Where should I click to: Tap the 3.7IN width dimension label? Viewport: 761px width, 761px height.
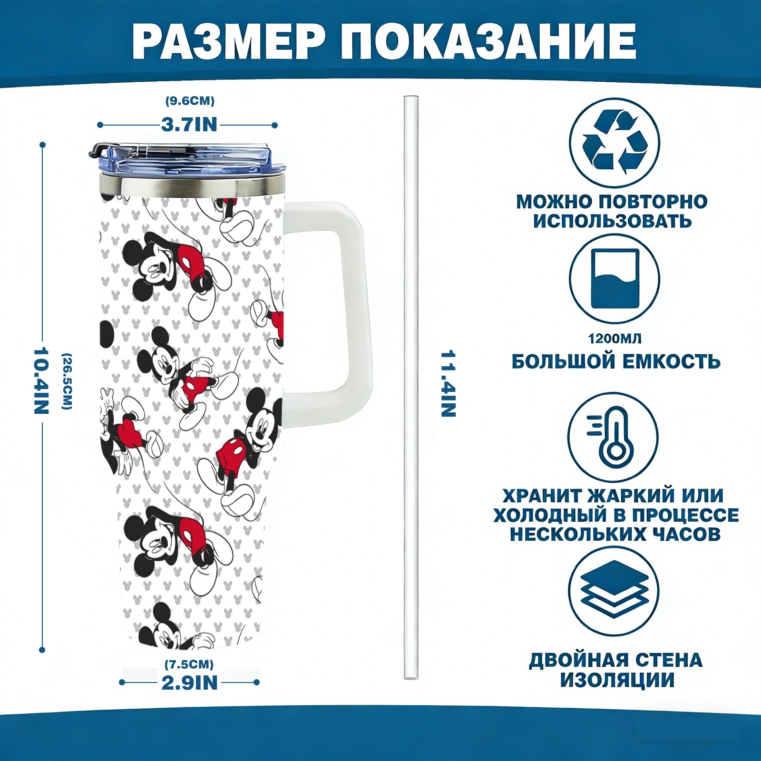coord(189,125)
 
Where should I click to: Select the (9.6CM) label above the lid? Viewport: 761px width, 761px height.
coord(190,101)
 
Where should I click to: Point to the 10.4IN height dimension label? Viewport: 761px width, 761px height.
coord(41,380)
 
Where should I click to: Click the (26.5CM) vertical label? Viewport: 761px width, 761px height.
coord(67,380)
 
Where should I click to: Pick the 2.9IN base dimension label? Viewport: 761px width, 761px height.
coord(190,683)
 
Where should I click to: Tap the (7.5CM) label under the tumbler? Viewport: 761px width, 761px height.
coord(189,664)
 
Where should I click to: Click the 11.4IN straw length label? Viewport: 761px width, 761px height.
coord(449,384)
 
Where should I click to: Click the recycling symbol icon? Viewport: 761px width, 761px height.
coord(615,142)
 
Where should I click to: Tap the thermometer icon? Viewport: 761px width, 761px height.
coord(614,437)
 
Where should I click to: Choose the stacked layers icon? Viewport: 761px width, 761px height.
coord(614,591)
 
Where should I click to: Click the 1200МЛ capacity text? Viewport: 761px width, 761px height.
coord(615,339)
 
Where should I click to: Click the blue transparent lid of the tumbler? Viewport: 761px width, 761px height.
coord(188,161)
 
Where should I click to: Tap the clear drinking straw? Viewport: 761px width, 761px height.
coord(411,388)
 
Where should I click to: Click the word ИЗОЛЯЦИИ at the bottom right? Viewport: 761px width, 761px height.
coord(617,680)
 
